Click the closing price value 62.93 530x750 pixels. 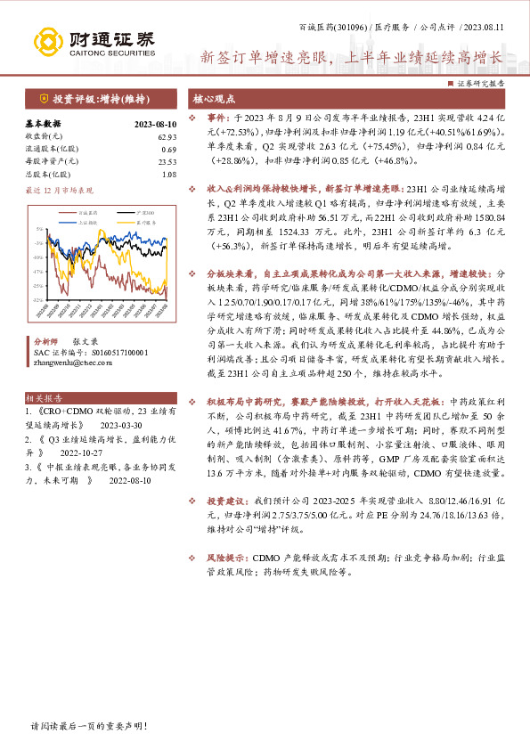(x=167, y=136)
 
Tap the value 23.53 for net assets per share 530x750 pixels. (x=167, y=161)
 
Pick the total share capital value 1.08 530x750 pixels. (x=168, y=174)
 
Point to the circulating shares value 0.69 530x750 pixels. (x=168, y=149)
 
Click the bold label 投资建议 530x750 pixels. (x=228, y=501)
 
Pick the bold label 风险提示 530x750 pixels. (x=228, y=558)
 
